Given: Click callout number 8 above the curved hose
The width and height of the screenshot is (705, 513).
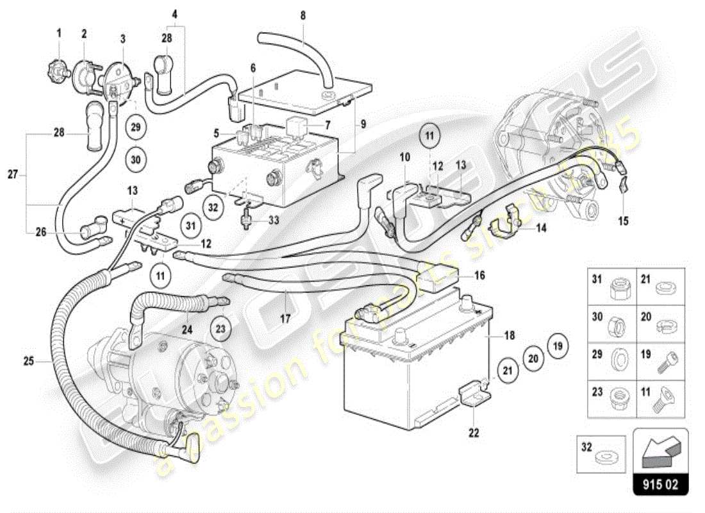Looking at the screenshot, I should click(x=304, y=14).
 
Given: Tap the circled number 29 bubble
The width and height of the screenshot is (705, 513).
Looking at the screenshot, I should click(x=135, y=127).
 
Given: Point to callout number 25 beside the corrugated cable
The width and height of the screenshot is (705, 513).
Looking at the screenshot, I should click(x=28, y=362).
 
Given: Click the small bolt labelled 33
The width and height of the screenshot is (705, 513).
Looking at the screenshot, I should click(x=246, y=220).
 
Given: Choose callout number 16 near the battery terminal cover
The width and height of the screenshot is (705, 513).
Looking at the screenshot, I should click(x=480, y=275).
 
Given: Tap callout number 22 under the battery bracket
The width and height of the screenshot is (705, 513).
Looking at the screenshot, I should click(x=473, y=433).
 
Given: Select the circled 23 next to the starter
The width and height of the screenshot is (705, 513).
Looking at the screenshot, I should click(x=221, y=330).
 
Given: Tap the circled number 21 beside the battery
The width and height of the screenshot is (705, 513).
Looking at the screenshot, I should click(x=508, y=370).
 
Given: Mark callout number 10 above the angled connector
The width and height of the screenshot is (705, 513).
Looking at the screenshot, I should click(x=405, y=157).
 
